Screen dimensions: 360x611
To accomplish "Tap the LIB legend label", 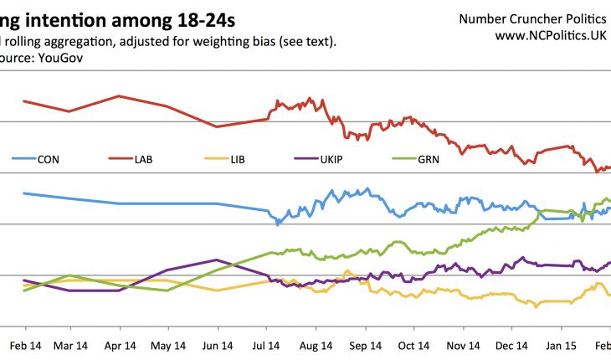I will [x=238, y=160].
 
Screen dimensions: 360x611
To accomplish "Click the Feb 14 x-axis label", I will [x=24, y=345].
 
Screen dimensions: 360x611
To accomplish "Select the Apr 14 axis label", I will [x=121, y=345].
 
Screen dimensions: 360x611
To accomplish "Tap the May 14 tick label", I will [x=168, y=345].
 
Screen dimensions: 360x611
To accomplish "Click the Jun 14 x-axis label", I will [x=218, y=345].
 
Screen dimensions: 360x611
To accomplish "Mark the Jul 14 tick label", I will [x=266, y=345].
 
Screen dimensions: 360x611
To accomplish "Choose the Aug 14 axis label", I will [x=316, y=345].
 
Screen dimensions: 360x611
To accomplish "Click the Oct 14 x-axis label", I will [x=413, y=345].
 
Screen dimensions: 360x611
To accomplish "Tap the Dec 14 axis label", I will [x=511, y=345].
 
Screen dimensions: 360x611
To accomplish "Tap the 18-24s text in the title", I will [x=193, y=18].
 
